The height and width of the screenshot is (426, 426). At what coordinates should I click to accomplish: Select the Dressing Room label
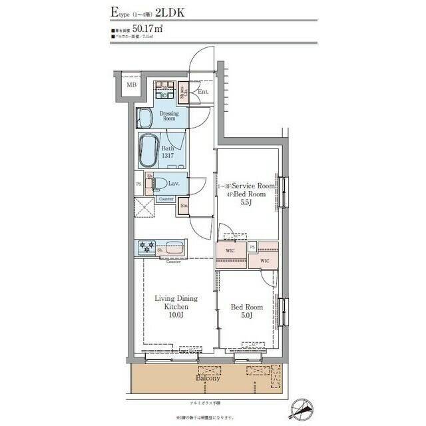point(169,116)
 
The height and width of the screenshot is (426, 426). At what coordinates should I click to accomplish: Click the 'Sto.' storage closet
point(184,207)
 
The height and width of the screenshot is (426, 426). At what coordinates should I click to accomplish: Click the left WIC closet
point(230,251)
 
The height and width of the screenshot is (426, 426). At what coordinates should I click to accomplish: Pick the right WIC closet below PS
point(264,261)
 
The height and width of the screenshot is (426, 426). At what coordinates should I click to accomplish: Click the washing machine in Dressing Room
point(164,91)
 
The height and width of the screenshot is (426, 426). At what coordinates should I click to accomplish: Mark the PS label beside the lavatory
point(138,184)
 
